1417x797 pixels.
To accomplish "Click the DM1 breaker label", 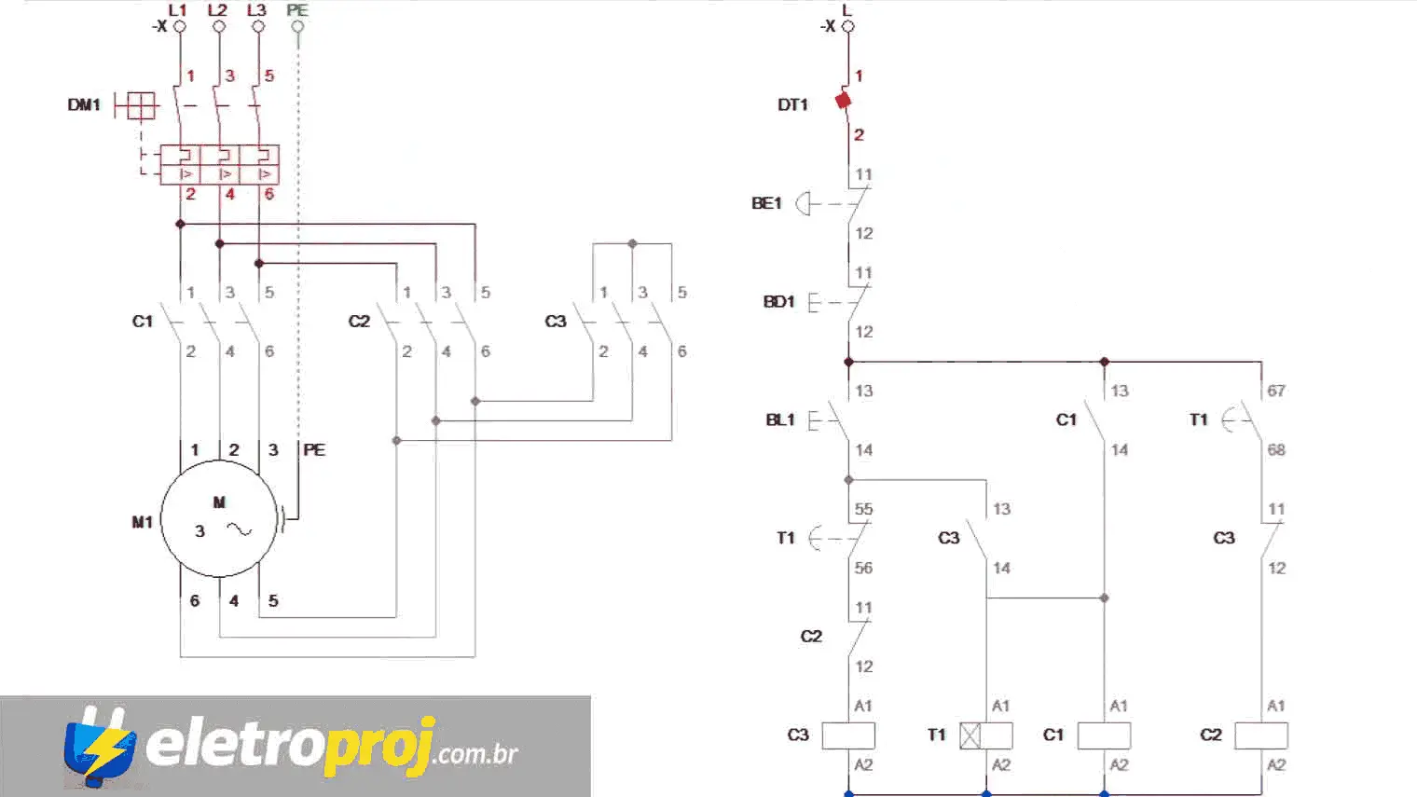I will pos(84,105).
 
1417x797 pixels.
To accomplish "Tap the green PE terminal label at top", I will pos(297,10).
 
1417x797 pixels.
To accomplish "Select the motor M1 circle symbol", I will pos(219,519).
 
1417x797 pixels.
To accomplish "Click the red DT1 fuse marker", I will pos(844,101).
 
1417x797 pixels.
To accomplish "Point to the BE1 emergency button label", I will pos(766,203).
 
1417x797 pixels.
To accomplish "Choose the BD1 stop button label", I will pos(778,302).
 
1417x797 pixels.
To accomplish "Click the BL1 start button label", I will pos(780,420).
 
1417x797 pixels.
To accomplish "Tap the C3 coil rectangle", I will pos(848,735).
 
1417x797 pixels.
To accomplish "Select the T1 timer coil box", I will pos(986,735).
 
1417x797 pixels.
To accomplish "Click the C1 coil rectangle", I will pos(1104,735).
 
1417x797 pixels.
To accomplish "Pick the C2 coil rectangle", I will pos(1261,735).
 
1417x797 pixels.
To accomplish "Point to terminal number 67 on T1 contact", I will pos(1276,391).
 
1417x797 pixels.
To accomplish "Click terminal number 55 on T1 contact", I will pos(864,509).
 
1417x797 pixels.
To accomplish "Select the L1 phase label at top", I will pos(178,10).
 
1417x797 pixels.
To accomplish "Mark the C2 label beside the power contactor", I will pos(359,322).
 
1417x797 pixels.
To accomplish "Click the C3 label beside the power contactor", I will pos(556,322).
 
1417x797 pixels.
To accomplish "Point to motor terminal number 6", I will pos(195,601).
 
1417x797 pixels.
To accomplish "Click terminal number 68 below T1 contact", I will pos(1276,450).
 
